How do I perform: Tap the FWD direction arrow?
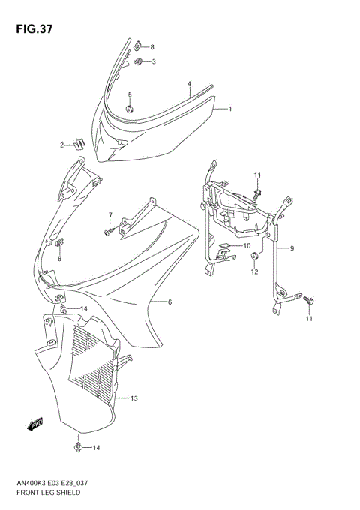coord(35,425)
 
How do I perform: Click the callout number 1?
coord(229,109)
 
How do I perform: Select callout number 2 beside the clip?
coord(84,144)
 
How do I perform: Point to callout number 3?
coord(153,61)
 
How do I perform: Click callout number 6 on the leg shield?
coord(170,302)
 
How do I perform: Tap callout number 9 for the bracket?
coord(292,247)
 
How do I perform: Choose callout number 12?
coord(254,272)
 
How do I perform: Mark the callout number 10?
coord(247,245)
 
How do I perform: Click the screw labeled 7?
coord(108,233)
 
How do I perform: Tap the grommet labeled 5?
coord(130,109)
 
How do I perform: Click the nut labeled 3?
coord(139,61)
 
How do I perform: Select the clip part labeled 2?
coord(99,142)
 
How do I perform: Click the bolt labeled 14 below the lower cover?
coord(78,448)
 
